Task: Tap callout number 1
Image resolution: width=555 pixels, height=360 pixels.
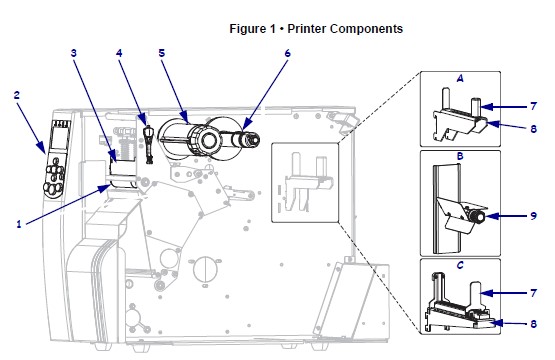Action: click(x=19, y=224)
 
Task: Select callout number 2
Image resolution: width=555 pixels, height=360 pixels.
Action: click(x=17, y=95)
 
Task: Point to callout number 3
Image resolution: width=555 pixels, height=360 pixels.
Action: click(x=74, y=53)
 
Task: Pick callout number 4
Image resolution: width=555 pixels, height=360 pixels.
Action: click(x=119, y=53)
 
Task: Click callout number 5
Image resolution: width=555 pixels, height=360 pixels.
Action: click(x=162, y=53)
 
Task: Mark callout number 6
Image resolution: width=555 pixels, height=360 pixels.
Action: click(x=287, y=53)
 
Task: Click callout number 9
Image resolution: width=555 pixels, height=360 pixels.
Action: click(x=533, y=216)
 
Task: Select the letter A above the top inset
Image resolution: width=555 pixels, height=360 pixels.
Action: click(x=460, y=78)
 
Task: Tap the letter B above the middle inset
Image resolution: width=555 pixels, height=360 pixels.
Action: click(x=460, y=156)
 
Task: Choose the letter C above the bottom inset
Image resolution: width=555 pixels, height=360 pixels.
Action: click(x=460, y=265)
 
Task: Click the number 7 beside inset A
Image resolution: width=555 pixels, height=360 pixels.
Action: click(x=533, y=106)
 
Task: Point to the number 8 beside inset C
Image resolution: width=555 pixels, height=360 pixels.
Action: click(x=533, y=324)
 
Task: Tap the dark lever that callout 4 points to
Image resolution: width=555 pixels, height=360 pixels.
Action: click(x=149, y=143)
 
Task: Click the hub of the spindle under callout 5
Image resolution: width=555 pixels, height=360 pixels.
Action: click(x=209, y=140)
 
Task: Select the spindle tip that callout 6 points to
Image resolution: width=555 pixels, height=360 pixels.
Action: click(x=252, y=139)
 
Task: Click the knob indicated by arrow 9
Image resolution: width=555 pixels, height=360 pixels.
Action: click(x=477, y=216)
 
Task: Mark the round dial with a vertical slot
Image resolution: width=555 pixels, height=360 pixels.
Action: click(x=204, y=269)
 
